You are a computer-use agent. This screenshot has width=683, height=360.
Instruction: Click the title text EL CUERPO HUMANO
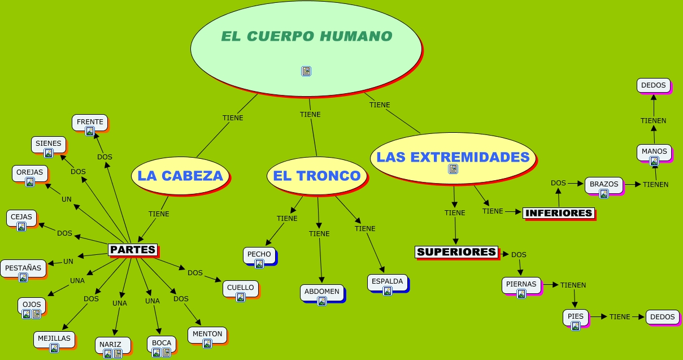click(306, 37)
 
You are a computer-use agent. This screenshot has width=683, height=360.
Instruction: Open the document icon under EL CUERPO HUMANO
click(306, 71)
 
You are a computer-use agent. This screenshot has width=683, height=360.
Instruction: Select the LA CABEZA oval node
click(180, 176)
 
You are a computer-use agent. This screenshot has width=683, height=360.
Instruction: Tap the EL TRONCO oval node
click(316, 176)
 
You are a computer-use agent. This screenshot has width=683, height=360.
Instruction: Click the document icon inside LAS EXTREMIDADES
click(453, 169)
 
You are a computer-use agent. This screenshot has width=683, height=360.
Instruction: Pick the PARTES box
click(132, 250)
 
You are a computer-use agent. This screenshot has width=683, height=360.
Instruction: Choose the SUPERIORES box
click(456, 252)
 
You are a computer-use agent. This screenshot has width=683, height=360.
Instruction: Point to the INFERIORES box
click(558, 213)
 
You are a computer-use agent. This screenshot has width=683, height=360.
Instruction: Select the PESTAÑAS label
click(23, 268)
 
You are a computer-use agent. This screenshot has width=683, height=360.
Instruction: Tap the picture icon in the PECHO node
click(259, 264)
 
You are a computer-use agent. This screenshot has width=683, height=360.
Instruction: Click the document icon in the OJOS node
click(36, 314)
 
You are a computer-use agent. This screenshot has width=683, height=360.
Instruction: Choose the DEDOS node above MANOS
click(654, 86)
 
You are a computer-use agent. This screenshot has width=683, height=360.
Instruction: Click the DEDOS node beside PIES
click(662, 317)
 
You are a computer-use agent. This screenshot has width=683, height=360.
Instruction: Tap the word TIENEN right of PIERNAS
click(573, 285)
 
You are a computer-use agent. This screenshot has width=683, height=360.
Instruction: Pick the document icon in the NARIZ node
click(118, 354)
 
